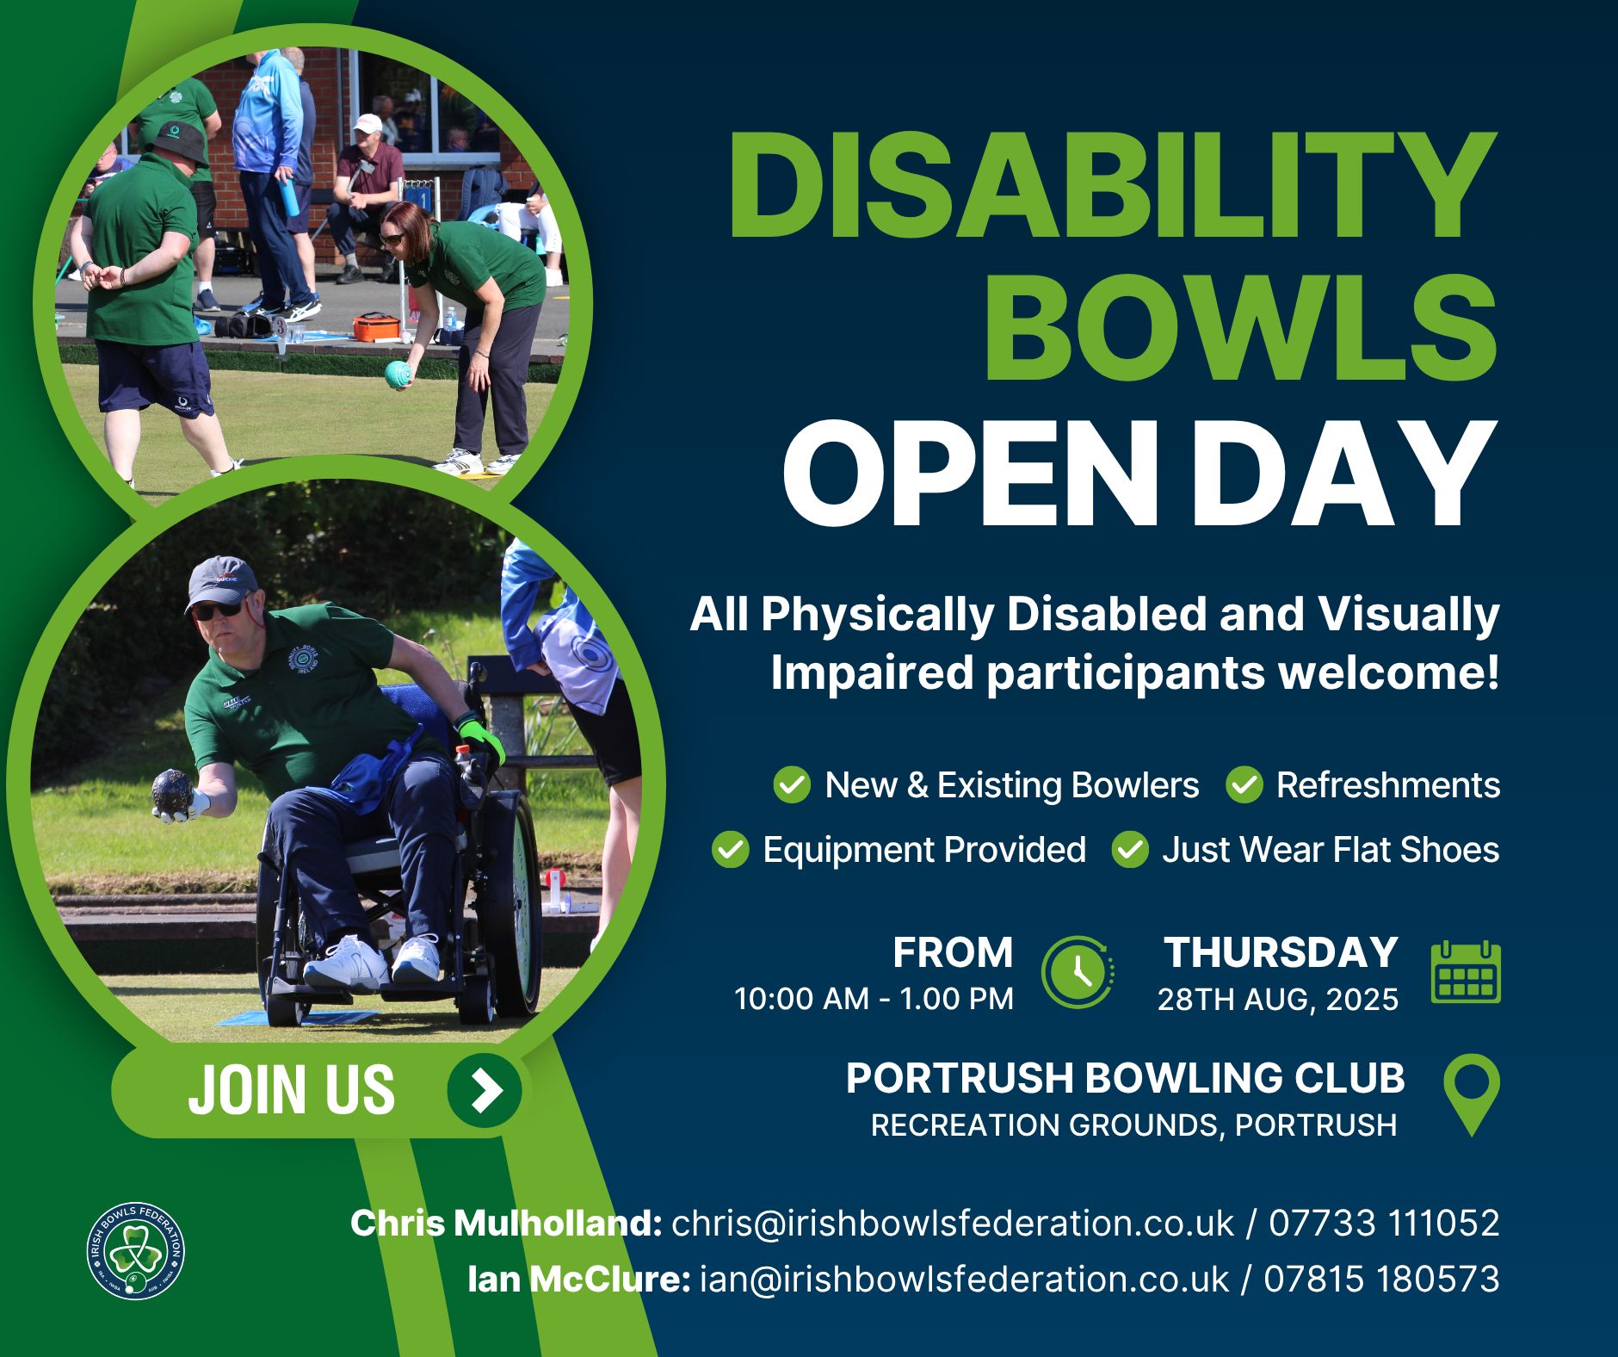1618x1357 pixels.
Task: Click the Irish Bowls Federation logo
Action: pyautogui.click(x=136, y=1250)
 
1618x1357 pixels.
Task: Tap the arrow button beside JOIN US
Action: pyautogui.click(x=485, y=1090)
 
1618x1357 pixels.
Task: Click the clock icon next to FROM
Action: pyautogui.click(x=1078, y=972)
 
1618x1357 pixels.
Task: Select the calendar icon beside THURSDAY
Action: pyautogui.click(x=1466, y=972)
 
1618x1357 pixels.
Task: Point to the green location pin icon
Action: pyautogui.click(x=1471, y=1094)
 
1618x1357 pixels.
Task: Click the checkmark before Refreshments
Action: pyautogui.click(x=1244, y=785)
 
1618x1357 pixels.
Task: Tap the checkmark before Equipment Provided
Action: pyautogui.click(x=730, y=850)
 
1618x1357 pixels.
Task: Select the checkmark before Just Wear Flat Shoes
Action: pyautogui.click(x=1130, y=850)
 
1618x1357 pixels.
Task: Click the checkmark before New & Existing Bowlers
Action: pyautogui.click(x=792, y=785)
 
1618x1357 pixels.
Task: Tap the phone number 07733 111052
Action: pyautogui.click(x=1384, y=1224)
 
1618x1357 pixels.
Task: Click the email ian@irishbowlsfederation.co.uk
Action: pyautogui.click(x=965, y=1280)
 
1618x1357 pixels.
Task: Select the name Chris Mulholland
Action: pyautogui.click(x=505, y=1224)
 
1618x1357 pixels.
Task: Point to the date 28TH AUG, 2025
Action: pyautogui.click(x=1277, y=1000)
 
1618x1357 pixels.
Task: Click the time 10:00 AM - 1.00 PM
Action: pyautogui.click(x=874, y=1000)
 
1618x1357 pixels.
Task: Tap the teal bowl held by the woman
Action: pyautogui.click(x=398, y=375)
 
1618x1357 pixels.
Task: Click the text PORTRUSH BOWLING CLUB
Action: pyautogui.click(x=1125, y=1078)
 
